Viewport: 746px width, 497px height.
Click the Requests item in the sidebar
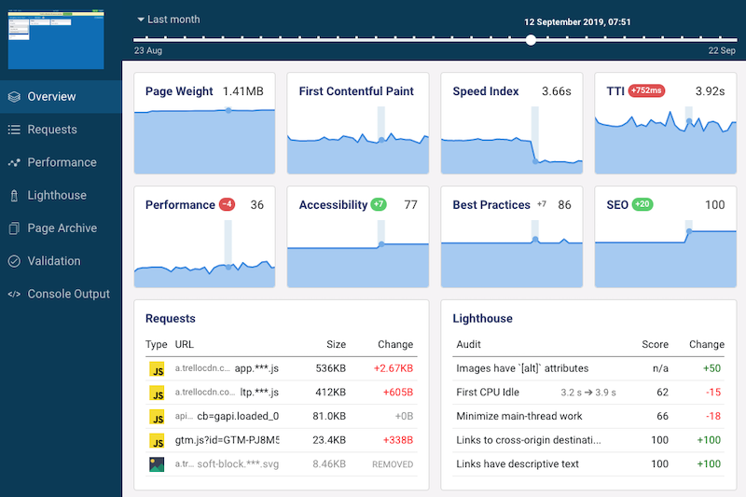click(x=52, y=130)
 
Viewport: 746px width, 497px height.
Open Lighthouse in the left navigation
click(x=56, y=195)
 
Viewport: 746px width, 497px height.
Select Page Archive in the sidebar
click(x=62, y=228)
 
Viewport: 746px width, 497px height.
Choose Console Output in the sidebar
click(x=68, y=294)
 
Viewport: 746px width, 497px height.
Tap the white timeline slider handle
click(x=531, y=40)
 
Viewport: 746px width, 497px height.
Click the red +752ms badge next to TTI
click(x=647, y=91)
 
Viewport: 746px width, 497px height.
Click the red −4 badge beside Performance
click(x=227, y=205)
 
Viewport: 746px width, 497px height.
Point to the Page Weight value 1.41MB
click(x=242, y=91)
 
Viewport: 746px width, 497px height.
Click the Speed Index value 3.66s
click(x=557, y=91)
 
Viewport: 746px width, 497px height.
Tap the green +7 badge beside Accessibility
click(x=378, y=205)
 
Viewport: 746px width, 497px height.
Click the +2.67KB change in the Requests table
click(x=392, y=368)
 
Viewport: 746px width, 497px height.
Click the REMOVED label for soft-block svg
click(x=392, y=463)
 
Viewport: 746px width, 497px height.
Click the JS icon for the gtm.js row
click(x=157, y=439)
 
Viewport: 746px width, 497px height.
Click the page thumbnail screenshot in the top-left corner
click(x=54, y=38)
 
